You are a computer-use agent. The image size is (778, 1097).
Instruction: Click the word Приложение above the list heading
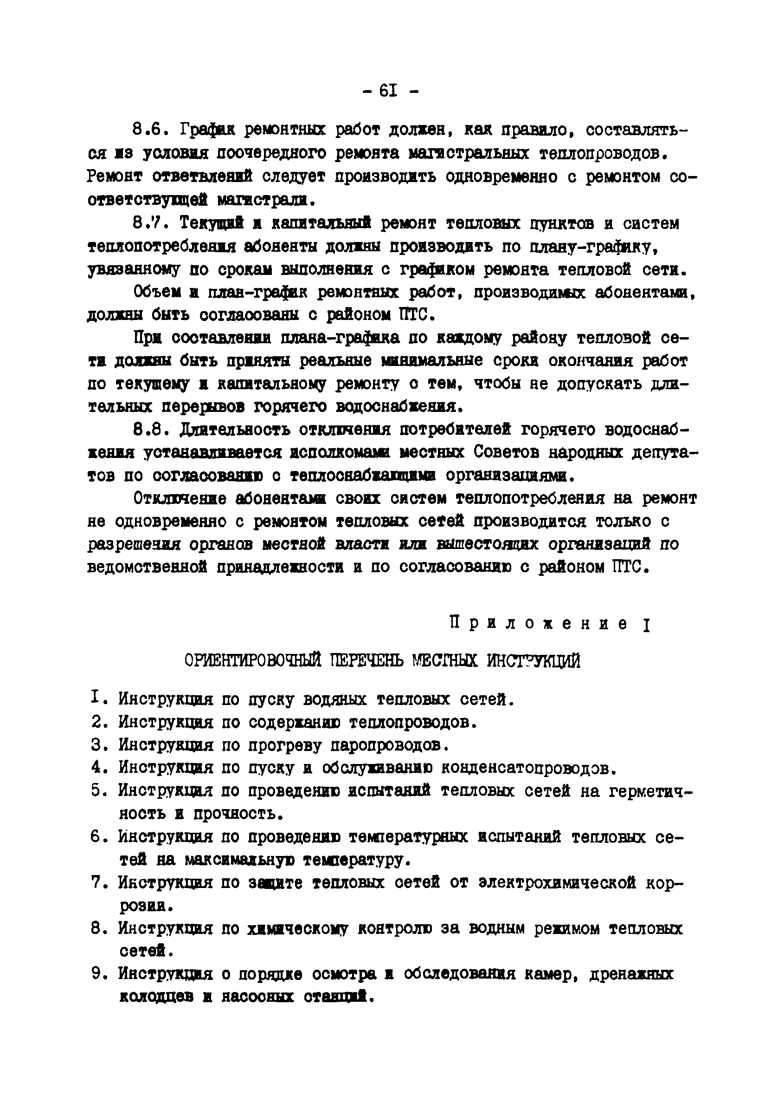tap(539, 624)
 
